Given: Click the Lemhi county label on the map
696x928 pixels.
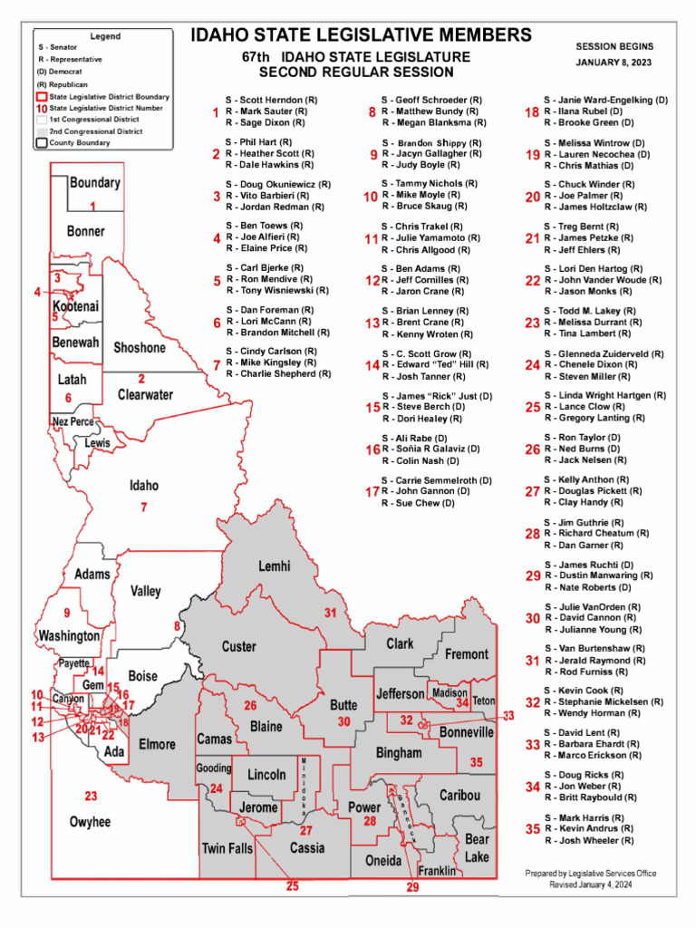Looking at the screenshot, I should (x=274, y=566).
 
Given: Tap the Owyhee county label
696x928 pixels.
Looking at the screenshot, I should (x=90, y=822).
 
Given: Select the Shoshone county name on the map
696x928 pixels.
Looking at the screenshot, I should (x=140, y=348).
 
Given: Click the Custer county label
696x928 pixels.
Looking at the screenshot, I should (x=239, y=647).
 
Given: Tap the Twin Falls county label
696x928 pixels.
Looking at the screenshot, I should (x=227, y=848).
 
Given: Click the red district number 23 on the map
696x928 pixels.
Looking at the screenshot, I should (x=91, y=797).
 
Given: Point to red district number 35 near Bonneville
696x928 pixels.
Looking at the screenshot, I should (x=476, y=762).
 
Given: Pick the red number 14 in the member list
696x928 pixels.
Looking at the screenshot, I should (x=372, y=365).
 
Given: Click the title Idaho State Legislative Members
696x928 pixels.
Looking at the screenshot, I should (x=361, y=35).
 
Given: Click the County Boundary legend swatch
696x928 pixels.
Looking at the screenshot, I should (x=42, y=142).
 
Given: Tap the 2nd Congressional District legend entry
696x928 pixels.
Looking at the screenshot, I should (x=94, y=131).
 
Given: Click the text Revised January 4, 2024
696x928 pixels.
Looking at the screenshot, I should (x=590, y=884).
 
